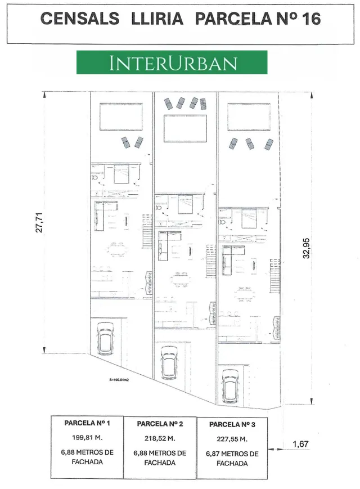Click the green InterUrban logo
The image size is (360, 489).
[x=172, y=62]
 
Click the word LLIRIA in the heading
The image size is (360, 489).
[x=157, y=19]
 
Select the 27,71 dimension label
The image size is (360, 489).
[x=39, y=223]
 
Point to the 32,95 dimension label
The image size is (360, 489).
[x=307, y=248]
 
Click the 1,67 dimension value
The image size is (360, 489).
[x=300, y=444]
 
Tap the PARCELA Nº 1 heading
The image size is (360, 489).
[x=87, y=423]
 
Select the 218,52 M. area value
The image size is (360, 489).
[x=160, y=438]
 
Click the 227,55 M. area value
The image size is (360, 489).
[x=232, y=439]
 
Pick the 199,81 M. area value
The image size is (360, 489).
[x=87, y=438]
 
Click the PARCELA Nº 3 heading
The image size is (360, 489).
[x=232, y=424]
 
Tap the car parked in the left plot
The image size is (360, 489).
[x=105, y=339]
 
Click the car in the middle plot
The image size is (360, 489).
[x=169, y=364]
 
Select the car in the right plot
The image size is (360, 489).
[x=230, y=387]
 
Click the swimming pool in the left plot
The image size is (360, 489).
[x=121, y=116]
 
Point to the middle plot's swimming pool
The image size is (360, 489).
[x=185, y=128]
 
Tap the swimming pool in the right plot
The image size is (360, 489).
[x=249, y=116]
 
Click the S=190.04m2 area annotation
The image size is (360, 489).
[x=119, y=380]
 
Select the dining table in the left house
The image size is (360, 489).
[x=118, y=249]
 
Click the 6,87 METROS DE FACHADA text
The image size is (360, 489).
[x=232, y=459]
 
